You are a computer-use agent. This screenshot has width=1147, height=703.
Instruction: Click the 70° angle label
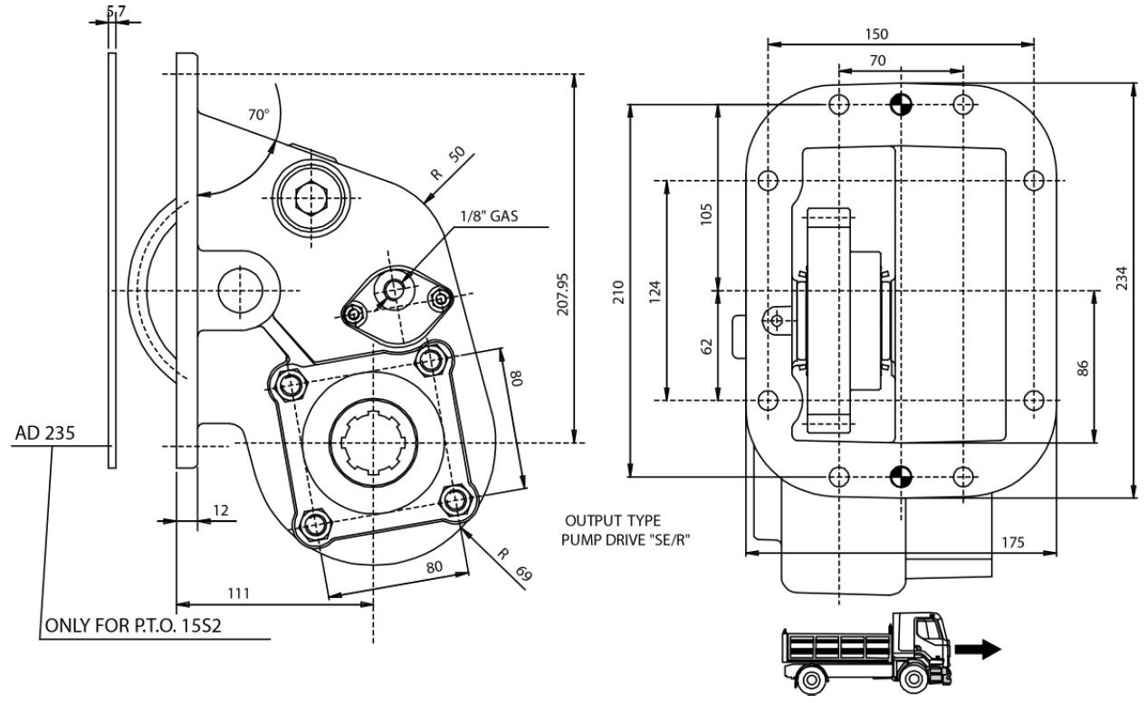tap(258, 115)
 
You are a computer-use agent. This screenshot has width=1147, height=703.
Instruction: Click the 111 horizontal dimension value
tap(238, 593)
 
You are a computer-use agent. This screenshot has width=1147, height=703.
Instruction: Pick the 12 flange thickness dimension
tap(220, 511)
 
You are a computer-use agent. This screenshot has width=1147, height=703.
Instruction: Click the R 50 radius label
tap(448, 164)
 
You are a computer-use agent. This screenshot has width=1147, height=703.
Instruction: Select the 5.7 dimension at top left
tap(116, 11)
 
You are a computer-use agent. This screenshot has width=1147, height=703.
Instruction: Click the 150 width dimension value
tap(876, 34)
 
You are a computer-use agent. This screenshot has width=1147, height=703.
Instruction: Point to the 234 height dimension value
tap(1122, 278)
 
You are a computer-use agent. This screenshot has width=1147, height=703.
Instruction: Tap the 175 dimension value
tap(1013, 542)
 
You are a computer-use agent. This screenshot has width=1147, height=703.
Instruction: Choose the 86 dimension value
tap(1083, 367)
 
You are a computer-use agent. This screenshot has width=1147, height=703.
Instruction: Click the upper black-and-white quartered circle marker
tap(900, 104)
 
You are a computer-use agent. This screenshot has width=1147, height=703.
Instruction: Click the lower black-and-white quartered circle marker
tap(900, 476)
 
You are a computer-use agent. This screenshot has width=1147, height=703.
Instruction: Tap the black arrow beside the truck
tap(980, 648)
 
